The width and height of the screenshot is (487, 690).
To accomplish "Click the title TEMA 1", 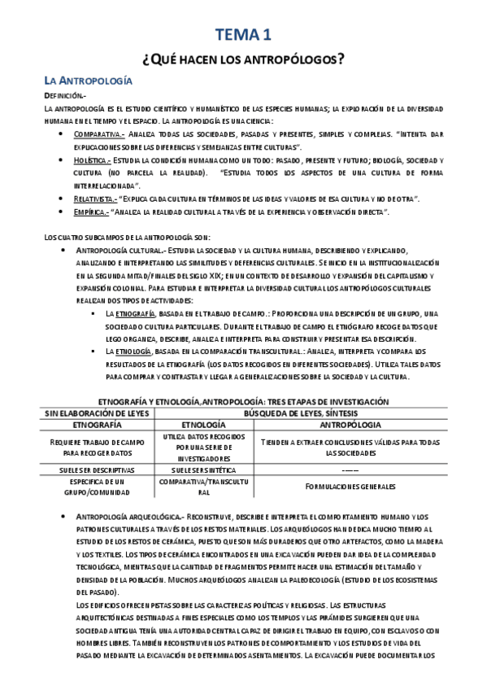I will click(243, 33).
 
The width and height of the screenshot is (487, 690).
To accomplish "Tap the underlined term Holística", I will click(92, 161).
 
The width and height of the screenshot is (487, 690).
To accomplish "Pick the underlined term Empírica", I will click(89, 212).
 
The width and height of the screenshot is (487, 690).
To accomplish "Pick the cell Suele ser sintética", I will click(198, 469).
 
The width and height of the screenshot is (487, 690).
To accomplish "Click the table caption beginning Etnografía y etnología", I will click(243, 402).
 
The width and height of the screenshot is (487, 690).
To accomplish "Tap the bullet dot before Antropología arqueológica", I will click(66, 518).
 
